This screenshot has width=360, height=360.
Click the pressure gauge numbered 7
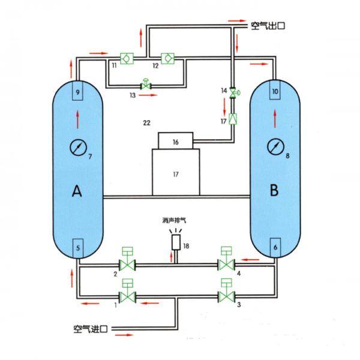pos(77,146)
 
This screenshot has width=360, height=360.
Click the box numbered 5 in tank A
pos(78,247)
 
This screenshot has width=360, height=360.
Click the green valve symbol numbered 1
pos(127,295)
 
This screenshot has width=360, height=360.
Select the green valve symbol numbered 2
pos(127,264)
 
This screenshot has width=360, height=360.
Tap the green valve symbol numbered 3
pos(226,295)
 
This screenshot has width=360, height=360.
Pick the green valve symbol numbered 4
pos(226,264)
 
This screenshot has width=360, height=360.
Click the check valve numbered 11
pos(127,58)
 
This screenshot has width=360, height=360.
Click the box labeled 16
pos(175,141)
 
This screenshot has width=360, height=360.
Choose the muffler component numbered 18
pos(176,242)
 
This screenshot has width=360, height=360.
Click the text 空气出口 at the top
pos(266,25)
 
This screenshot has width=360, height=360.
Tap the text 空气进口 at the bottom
pos(90,329)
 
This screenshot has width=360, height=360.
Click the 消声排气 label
pos(175,220)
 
